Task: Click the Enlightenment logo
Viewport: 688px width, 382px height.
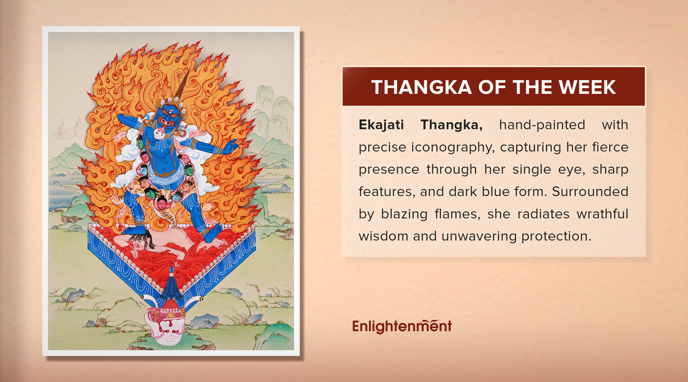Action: pyautogui.click(x=402, y=326)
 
